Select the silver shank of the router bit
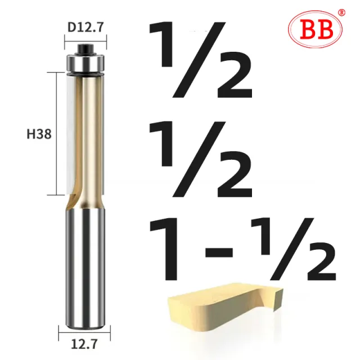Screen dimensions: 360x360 [84, 270]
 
